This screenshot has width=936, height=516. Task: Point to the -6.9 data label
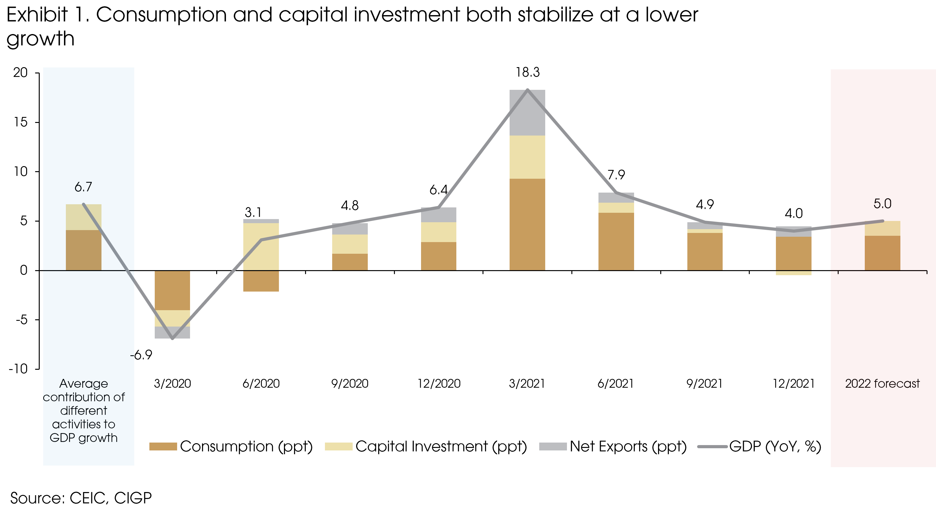click(141, 355)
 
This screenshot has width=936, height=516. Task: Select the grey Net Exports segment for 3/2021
click(527, 113)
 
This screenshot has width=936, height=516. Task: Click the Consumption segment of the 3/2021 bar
click(527, 224)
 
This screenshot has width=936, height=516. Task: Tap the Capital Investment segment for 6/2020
click(261, 246)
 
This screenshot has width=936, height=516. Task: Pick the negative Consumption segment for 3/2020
click(172, 290)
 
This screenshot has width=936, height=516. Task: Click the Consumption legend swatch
click(163, 447)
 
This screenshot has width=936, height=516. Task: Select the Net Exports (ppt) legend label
click(628, 447)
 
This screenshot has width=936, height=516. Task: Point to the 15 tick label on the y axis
click(20, 122)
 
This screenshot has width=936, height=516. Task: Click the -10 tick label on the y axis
click(18, 369)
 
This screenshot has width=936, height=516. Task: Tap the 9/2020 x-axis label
click(350, 384)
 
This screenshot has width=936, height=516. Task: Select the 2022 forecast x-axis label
click(882, 384)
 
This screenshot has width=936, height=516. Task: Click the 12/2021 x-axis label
click(794, 384)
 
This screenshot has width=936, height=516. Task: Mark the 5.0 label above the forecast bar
click(882, 204)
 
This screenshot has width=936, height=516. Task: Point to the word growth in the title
click(40, 39)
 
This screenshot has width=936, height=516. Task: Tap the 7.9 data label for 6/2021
click(616, 175)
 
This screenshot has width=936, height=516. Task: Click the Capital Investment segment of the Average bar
click(84, 217)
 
